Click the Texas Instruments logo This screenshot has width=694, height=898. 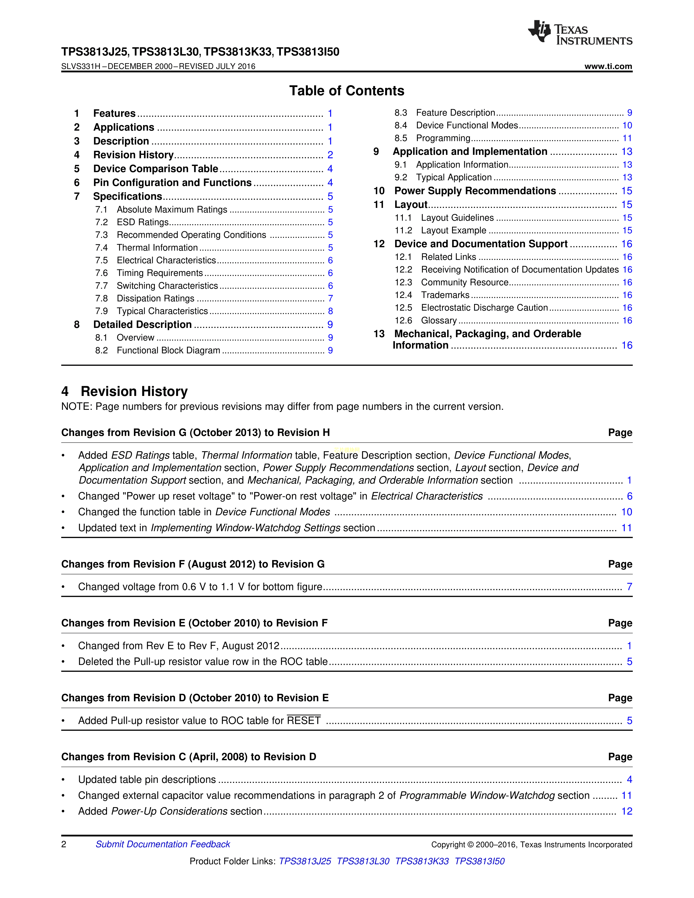[x=580, y=33]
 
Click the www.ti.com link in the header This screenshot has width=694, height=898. [x=608, y=67]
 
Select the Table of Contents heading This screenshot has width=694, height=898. [x=346, y=91]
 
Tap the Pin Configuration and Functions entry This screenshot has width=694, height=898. [x=172, y=183]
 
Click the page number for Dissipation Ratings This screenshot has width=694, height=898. [x=330, y=299]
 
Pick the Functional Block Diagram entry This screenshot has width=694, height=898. [x=168, y=350]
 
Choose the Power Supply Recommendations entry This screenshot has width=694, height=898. [x=475, y=191]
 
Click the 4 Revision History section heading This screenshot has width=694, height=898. [x=125, y=391]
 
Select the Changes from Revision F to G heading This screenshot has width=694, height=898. [x=193, y=564]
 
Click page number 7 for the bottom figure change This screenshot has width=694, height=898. [x=629, y=587]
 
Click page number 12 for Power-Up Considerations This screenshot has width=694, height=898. [x=627, y=811]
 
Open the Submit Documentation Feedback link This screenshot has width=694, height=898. [x=163, y=844]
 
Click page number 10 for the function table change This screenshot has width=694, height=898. [x=627, y=512]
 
